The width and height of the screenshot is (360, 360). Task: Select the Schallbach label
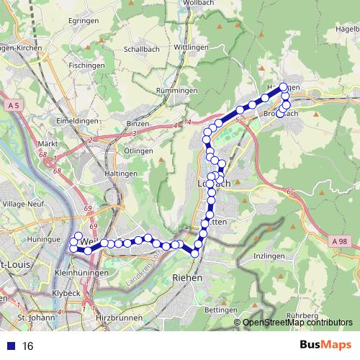pos(141,50)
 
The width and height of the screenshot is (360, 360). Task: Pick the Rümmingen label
pos(177,90)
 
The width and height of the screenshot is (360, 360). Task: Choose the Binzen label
pos(137,124)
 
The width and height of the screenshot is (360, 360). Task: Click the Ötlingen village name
pos(138,150)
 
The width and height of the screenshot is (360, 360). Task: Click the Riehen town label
pos(188,276)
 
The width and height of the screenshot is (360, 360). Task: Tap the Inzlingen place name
pos(270,256)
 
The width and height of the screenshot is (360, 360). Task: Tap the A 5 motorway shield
pos(12,106)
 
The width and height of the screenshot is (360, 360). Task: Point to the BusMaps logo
pos(326,345)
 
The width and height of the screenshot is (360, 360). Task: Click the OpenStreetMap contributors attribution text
pos(298,322)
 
